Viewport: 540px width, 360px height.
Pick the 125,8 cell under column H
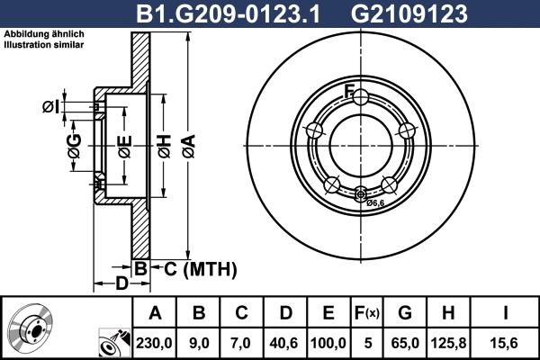tap(449, 341)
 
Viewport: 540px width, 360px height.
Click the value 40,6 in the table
tap(285, 341)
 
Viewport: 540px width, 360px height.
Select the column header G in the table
tap(405, 313)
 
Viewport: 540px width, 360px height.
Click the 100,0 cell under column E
tap(328, 341)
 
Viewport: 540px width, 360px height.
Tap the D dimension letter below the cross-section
tap(121, 285)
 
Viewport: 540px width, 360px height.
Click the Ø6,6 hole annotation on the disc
tap(376, 202)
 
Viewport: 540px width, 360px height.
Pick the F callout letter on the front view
tap(349, 88)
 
